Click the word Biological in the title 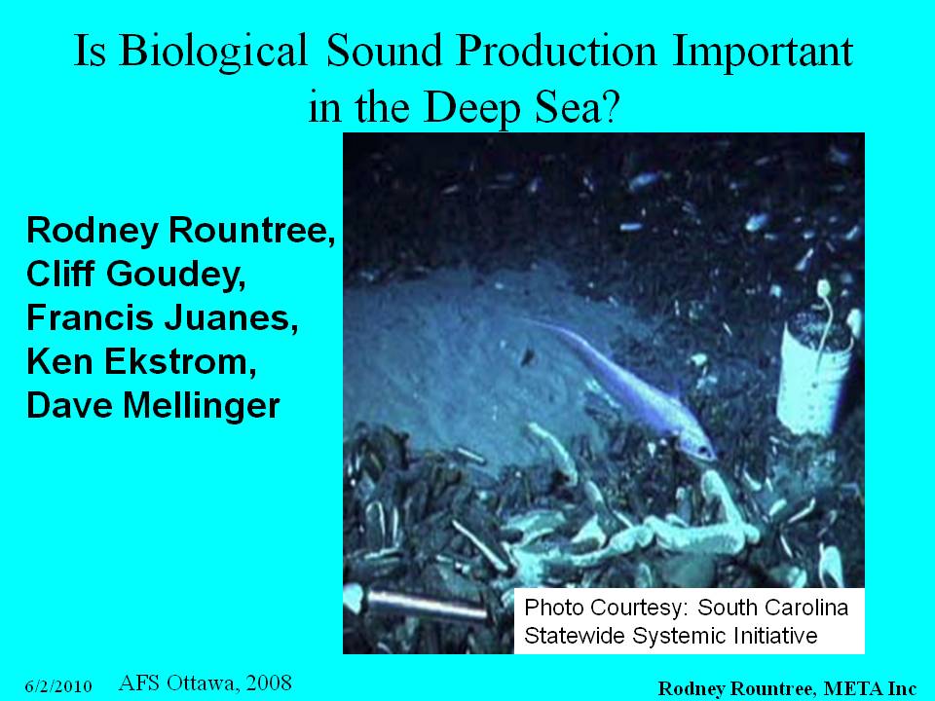(213, 53)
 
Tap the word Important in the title (763, 53)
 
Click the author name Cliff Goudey (135, 274)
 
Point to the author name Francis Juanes (162, 317)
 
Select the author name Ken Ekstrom (141, 361)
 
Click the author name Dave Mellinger (153, 406)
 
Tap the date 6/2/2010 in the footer (58, 686)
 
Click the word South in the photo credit (729, 608)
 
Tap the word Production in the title (556, 53)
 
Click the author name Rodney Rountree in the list (181, 230)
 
